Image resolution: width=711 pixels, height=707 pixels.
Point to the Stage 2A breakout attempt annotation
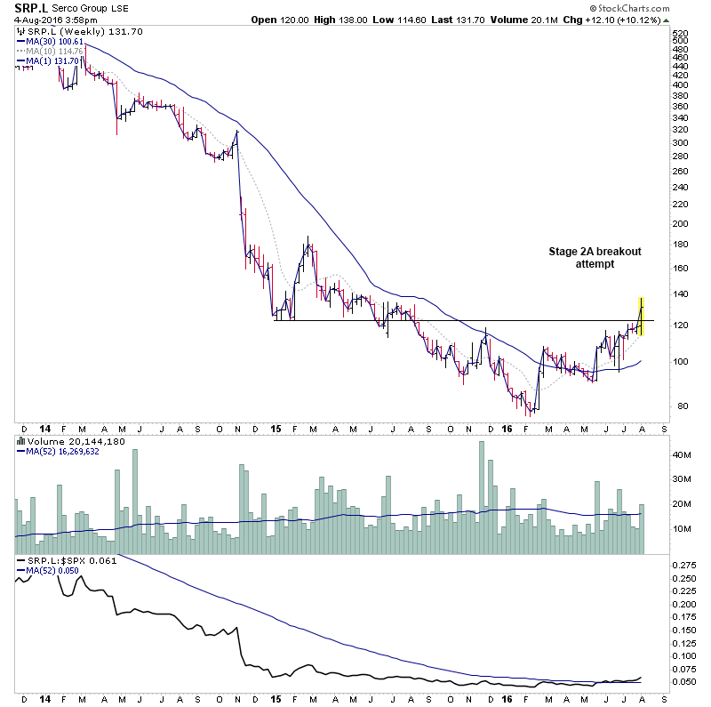pyautogui.click(x=595, y=258)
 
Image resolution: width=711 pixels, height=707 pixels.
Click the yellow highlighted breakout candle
pyautogui.click(x=642, y=316)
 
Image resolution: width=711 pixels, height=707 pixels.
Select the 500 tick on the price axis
pyautogui.click(x=680, y=40)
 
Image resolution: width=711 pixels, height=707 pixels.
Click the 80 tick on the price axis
pyautogui.click(x=677, y=406)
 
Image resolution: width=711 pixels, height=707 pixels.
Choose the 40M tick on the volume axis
pyautogui.click(x=683, y=455)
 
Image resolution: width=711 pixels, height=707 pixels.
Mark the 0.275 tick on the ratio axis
pyautogui.click(x=685, y=565)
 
